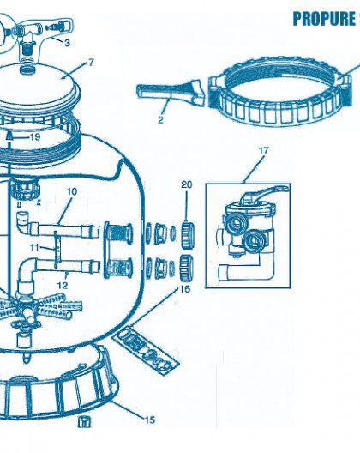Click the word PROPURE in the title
(324, 19)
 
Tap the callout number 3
(67, 43)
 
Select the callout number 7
(91, 63)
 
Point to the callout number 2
(160, 119)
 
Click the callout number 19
(35, 137)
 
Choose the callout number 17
(263, 150)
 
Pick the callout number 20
(187, 184)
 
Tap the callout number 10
(72, 191)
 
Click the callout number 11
(34, 247)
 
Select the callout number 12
(63, 286)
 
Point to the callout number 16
(185, 289)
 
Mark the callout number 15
(149, 420)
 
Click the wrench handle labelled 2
(171, 90)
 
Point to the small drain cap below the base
(84, 422)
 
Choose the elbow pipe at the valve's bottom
(246, 269)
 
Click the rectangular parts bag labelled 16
(145, 349)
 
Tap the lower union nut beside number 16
(187, 268)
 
